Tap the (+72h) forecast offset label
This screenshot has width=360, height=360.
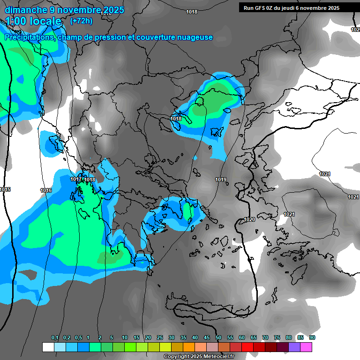(x=81, y=21)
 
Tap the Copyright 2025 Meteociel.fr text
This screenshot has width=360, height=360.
(x=199, y=356)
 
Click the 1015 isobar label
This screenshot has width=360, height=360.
(x=5, y=189)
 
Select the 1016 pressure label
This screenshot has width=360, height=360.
(x=46, y=190)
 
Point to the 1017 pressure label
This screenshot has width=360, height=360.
(x=76, y=180)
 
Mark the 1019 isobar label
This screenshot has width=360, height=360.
(x=221, y=180)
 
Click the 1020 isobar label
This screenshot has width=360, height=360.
(x=250, y=220)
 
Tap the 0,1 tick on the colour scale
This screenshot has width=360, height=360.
(x=55, y=338)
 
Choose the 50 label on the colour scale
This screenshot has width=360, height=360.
(x=218, y=338)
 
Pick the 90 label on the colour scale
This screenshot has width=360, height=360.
(x=312, y=338)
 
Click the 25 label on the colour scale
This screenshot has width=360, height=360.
(x=160, y=338)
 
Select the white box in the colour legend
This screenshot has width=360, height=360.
(x=48, y=347)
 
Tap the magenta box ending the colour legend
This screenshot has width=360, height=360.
(x=306, y=347)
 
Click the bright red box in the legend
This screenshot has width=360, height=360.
(x=247, y=347)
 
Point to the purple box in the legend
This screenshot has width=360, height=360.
(x=294, y=347)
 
